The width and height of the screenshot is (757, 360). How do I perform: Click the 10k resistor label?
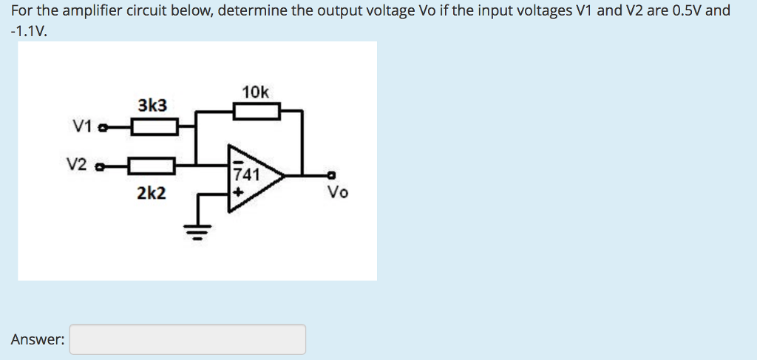[x=256, y=92]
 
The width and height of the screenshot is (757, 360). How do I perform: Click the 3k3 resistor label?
[x=152, y=106]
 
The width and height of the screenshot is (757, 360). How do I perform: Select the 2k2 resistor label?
[x=152, y=194]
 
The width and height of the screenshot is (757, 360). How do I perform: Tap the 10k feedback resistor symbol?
[x=257, y=112]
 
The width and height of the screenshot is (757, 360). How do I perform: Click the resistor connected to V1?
[x=155, y=129]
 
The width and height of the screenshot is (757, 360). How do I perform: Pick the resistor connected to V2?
[x=152, y=166]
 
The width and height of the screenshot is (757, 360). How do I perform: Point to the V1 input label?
[x=82, y=126]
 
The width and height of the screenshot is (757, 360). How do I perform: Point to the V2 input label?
[x=78, y=163]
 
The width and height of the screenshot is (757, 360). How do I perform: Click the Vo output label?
[x=338, y=193]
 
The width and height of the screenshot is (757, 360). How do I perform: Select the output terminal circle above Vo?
[x=332, y=176]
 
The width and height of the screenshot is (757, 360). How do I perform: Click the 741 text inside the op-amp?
[x=246, y=175]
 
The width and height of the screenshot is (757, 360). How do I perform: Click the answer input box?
[x=188, y=339]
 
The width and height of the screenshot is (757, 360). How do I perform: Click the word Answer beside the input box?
[x=37, y=339]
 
